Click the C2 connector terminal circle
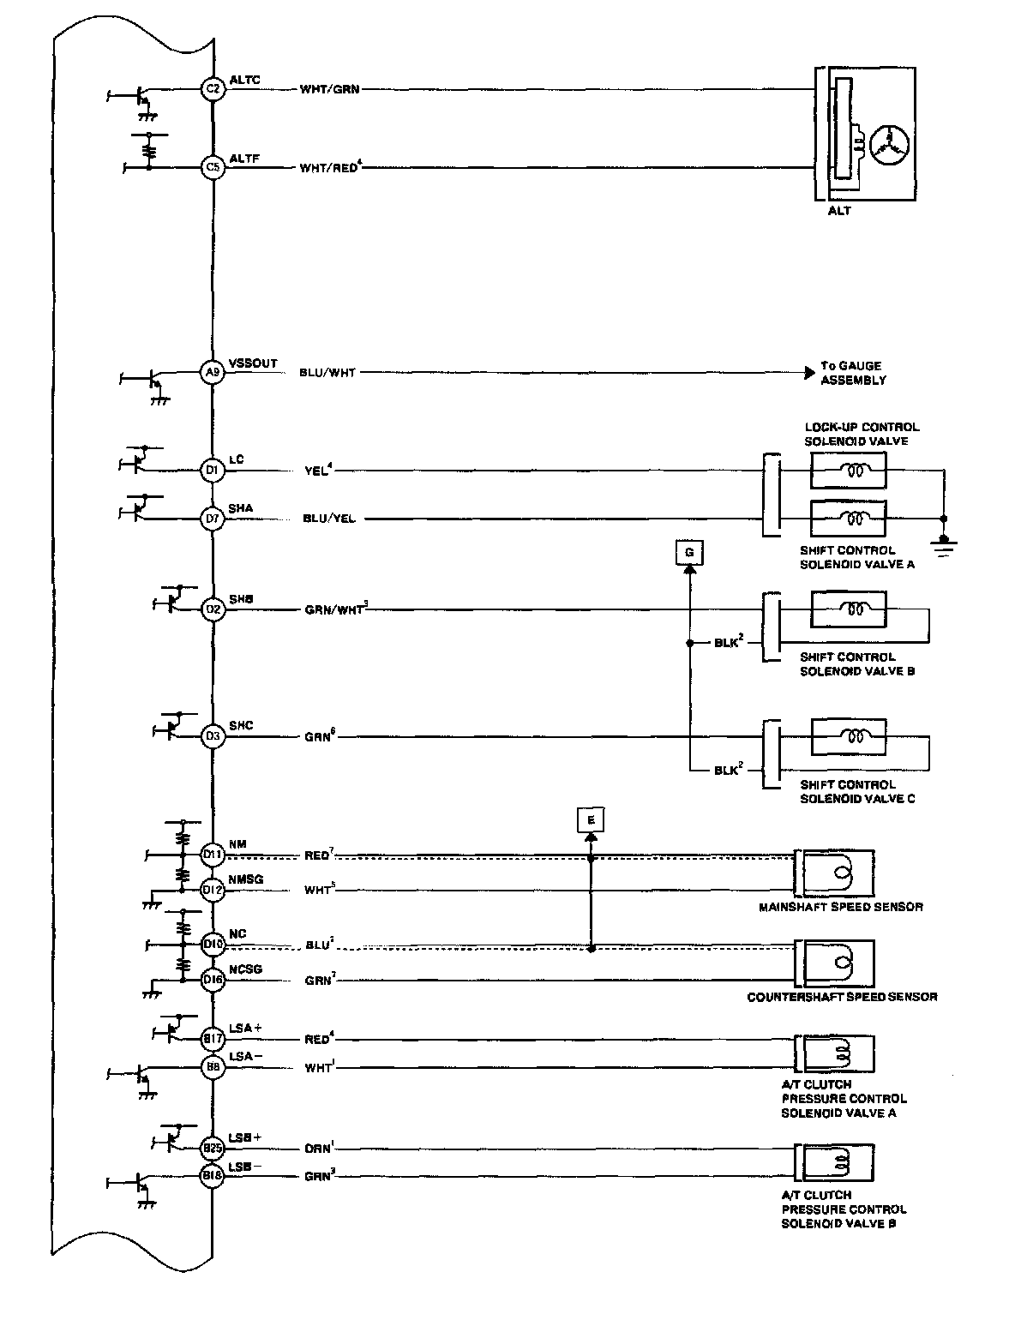213,88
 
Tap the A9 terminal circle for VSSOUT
213,373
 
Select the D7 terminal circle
213,519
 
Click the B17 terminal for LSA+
213,1039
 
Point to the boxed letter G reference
688,553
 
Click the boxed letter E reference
590,820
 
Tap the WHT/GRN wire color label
329,89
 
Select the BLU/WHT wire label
327,373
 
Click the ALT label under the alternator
839,211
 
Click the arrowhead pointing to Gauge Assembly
810,373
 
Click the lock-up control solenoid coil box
848,470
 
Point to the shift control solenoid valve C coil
848,736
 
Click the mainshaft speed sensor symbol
836,873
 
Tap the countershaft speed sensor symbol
836,962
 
